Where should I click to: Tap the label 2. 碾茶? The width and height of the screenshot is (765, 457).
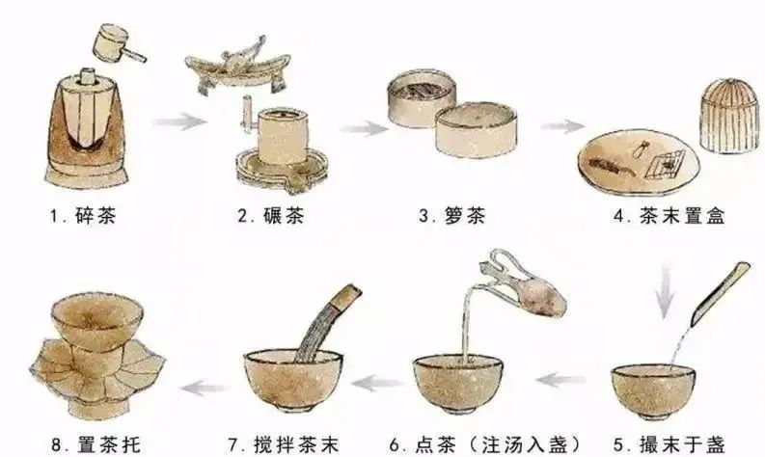[271, 216]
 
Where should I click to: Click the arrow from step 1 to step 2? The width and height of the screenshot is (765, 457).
[179, 121]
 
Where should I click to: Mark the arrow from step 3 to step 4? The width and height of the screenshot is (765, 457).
[562, 126]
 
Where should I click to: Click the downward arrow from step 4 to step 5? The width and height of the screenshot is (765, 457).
[664, 292]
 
